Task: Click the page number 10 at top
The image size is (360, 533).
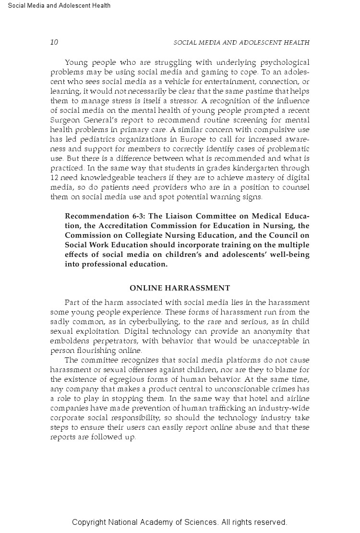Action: pos(54,42)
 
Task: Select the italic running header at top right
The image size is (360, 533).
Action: pos(241,43)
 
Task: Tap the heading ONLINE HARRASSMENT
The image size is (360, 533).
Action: pos(180,288)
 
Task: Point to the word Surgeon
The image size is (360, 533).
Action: pos(64,120)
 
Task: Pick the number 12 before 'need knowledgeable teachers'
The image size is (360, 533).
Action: pos(54,178)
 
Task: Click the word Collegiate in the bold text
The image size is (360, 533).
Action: pos(144,235)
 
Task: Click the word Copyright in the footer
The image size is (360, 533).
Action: pos(89,522)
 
